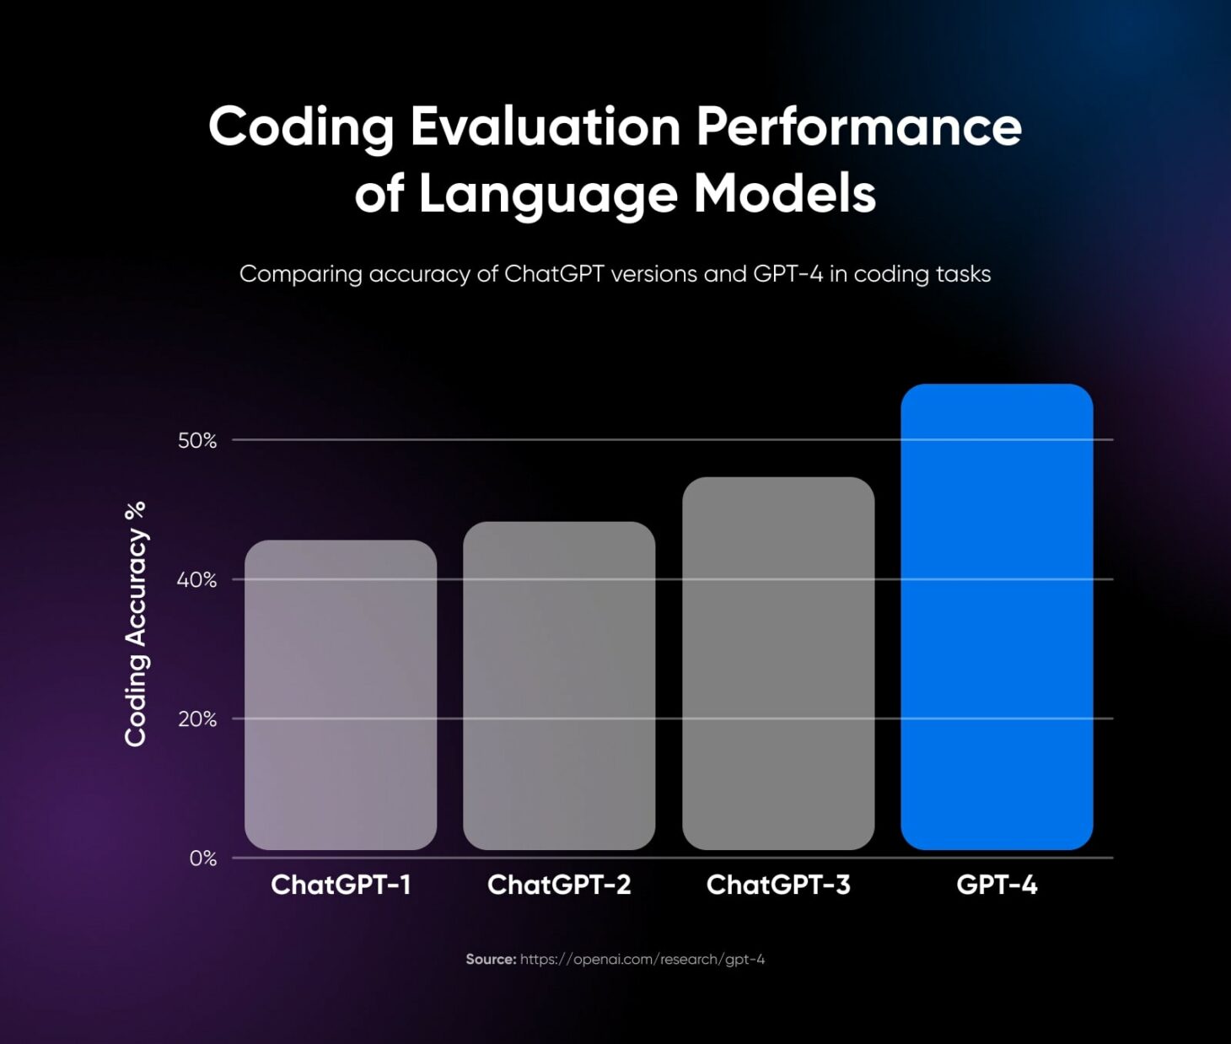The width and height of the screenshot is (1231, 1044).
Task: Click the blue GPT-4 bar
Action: pos(997,616)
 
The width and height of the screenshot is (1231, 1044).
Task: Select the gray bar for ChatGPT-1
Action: pos(341,695)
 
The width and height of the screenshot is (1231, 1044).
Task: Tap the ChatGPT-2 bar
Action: pos(559,686)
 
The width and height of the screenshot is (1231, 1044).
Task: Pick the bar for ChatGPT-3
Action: pos(778,664)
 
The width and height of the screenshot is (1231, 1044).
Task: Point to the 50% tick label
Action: pos(197,440)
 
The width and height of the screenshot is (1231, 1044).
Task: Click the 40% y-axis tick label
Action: pos(196,580)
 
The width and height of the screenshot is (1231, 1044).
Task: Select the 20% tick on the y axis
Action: pos(197,719)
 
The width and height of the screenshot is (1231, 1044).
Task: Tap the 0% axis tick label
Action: pos(202,858)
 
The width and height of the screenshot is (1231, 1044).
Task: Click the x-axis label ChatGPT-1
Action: pos(341,885)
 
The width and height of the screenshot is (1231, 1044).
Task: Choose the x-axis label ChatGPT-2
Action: pos(559,885)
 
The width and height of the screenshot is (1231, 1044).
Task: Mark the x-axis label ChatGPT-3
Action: pos(778,885)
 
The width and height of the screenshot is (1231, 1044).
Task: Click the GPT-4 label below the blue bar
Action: pos(997,885)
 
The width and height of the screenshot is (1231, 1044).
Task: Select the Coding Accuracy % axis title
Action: pos(136,624)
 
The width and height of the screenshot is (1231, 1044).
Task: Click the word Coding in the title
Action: pos(301,127)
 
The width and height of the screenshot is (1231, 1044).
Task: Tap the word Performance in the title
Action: pos(858,127)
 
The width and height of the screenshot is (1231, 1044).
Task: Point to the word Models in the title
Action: pos(784,194)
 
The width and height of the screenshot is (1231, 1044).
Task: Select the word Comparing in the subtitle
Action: pos(300,275)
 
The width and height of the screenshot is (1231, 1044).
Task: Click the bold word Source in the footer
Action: pos(491,960)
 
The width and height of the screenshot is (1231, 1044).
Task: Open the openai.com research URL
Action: pos(642,960)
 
